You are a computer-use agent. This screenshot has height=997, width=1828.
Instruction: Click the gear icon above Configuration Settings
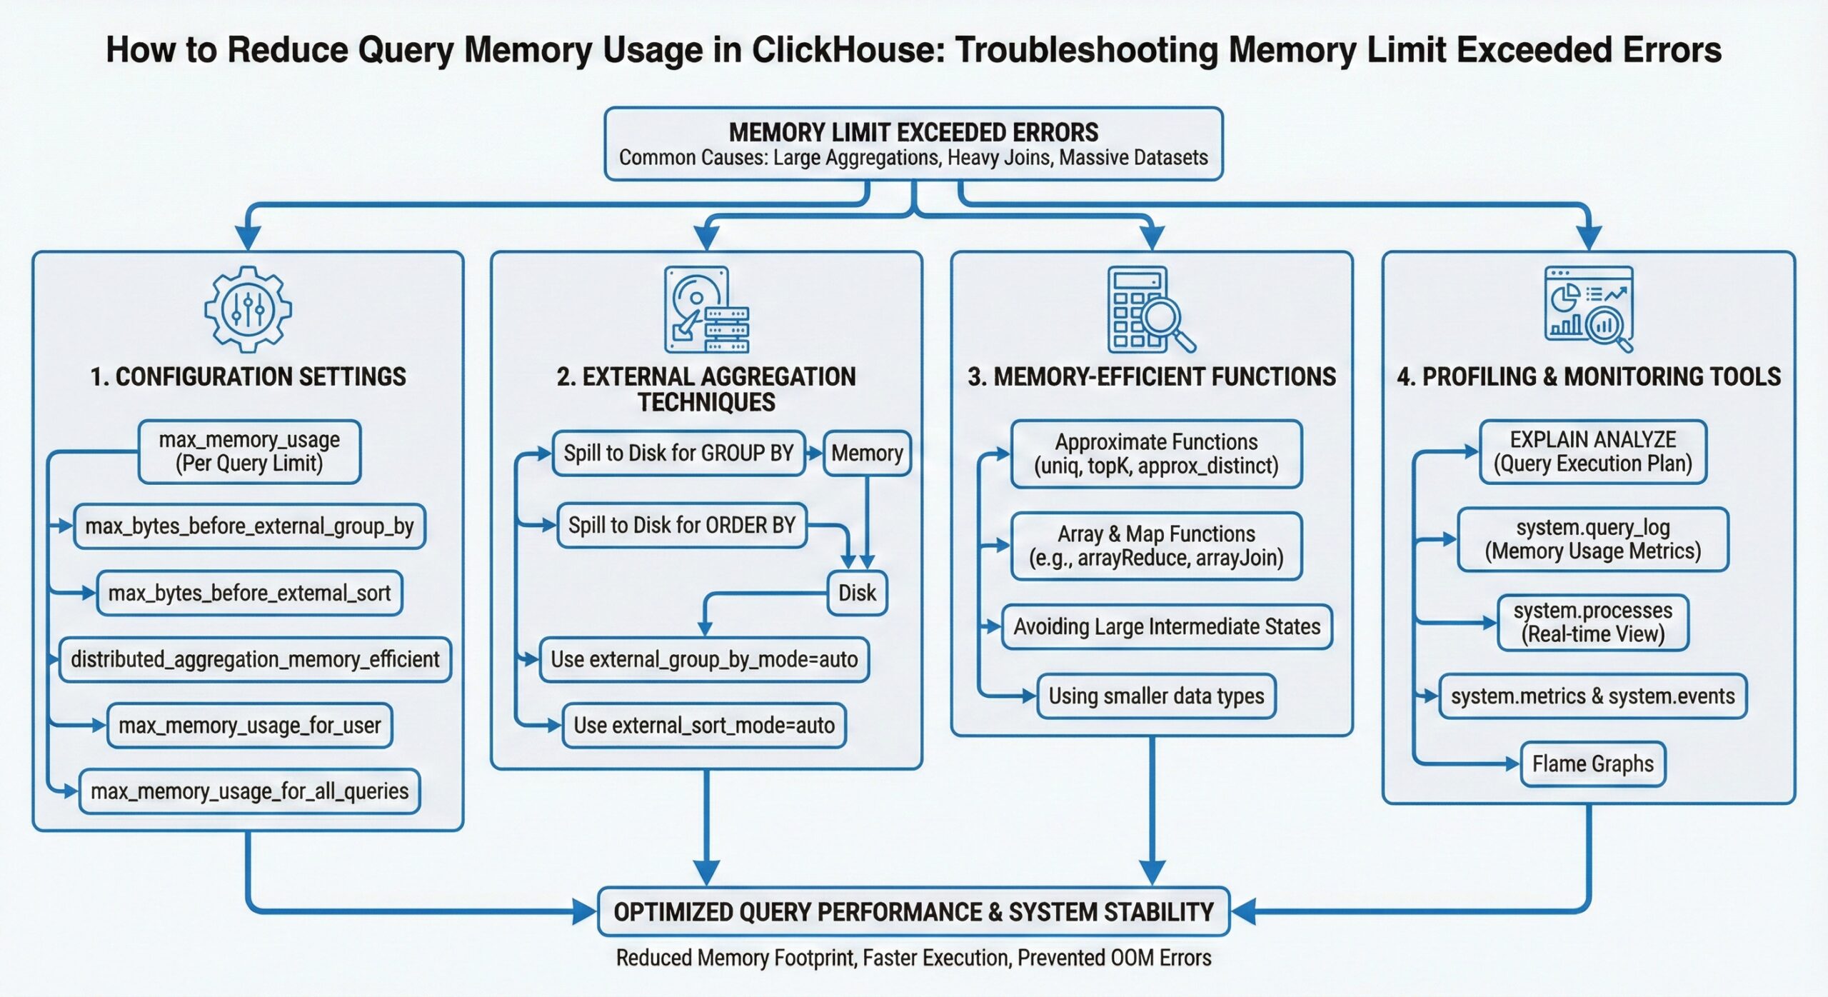point(248,309)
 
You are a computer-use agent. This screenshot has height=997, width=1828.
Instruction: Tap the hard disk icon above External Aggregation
point(706,310)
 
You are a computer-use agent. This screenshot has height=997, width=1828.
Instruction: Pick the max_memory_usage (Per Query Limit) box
point(249,451)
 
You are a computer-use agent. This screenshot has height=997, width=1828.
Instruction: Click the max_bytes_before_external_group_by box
point(249,526)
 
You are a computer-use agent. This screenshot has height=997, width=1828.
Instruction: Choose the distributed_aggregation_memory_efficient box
point(255,659)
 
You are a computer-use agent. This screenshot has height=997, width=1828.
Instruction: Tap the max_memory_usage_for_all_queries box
point(249,791)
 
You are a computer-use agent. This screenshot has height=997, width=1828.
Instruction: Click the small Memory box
point(867,453)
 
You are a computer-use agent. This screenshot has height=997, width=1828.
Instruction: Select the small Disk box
point(857,593)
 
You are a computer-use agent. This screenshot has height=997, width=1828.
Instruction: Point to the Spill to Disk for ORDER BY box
point(681,526)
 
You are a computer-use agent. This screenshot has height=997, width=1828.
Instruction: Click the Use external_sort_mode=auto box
point(704,726)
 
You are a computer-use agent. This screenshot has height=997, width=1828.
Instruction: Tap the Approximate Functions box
point(1156,454)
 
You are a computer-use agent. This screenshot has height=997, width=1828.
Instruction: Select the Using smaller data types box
point(1156,696)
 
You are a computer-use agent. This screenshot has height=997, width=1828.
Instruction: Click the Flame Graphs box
point(1592,764)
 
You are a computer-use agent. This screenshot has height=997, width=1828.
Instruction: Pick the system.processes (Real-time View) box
point(1592,622)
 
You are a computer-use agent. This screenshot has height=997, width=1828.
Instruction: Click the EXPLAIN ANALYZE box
point(1592,451)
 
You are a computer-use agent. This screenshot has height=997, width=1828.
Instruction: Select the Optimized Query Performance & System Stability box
point(913,912)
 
